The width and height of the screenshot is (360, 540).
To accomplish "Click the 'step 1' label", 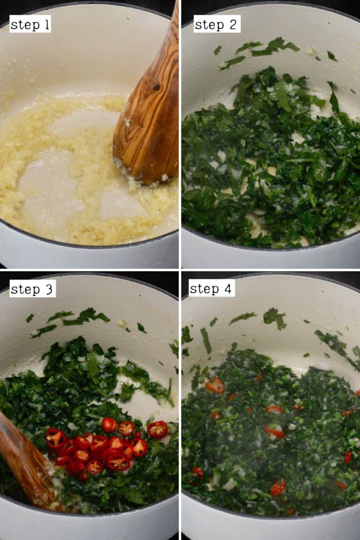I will pos(30,24).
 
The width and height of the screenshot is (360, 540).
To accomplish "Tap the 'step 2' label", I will pos(217,24).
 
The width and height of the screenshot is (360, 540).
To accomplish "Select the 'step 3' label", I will pos(33,289).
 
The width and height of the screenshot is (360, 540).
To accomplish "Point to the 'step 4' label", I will pos(212,288).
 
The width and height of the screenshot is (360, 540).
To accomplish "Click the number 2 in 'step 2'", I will pos(234,24).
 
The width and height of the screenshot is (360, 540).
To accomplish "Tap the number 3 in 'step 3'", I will pos(49,289).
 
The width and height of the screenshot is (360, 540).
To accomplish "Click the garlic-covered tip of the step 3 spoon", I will pos(52,497).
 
